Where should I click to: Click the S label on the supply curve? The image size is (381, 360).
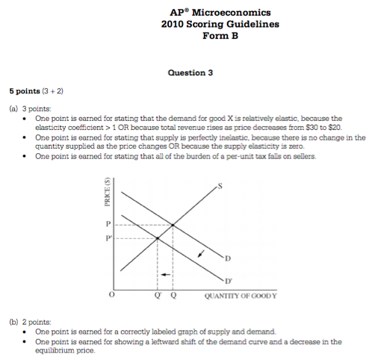[218, 185]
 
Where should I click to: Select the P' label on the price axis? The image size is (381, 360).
[109, 238]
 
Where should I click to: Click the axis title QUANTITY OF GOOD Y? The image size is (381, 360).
[240, 295]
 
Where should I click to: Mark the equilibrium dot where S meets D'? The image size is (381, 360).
[158, 238]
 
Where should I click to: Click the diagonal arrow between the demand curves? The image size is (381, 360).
[199, 253]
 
